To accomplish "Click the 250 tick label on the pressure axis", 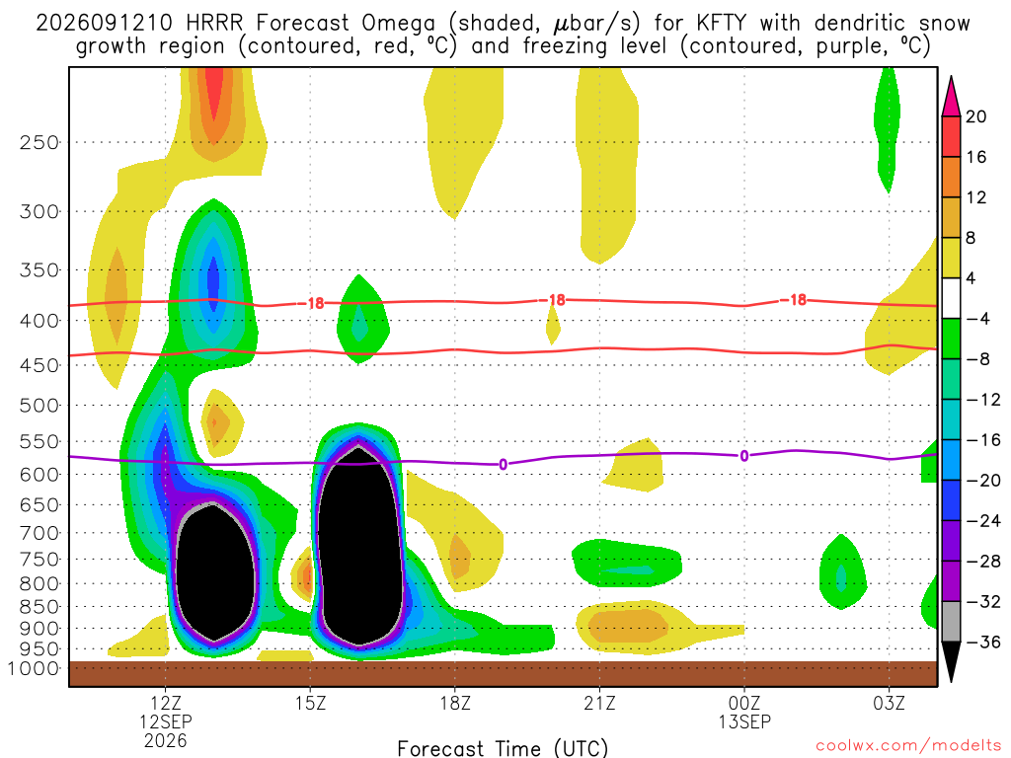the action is [39, 142].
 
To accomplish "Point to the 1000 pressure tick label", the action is [34, 668].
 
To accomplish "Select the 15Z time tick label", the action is [310, 703].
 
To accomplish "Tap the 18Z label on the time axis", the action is [455, 703].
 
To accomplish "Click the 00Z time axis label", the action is [744, 703].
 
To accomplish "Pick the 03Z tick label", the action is [890, 703].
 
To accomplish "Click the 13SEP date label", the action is [744, 721].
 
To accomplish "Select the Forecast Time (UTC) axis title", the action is [503, 748].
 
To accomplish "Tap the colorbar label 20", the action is [975, 116].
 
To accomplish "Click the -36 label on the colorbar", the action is [982, 642].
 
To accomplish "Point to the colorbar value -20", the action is [982, 481].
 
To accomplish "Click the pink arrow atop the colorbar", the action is [951, 97].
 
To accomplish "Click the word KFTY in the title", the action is [721, 24].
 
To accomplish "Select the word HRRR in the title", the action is [214, 24].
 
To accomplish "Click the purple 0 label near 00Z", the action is [744, 456].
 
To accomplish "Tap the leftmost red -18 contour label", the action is [315, 304].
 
